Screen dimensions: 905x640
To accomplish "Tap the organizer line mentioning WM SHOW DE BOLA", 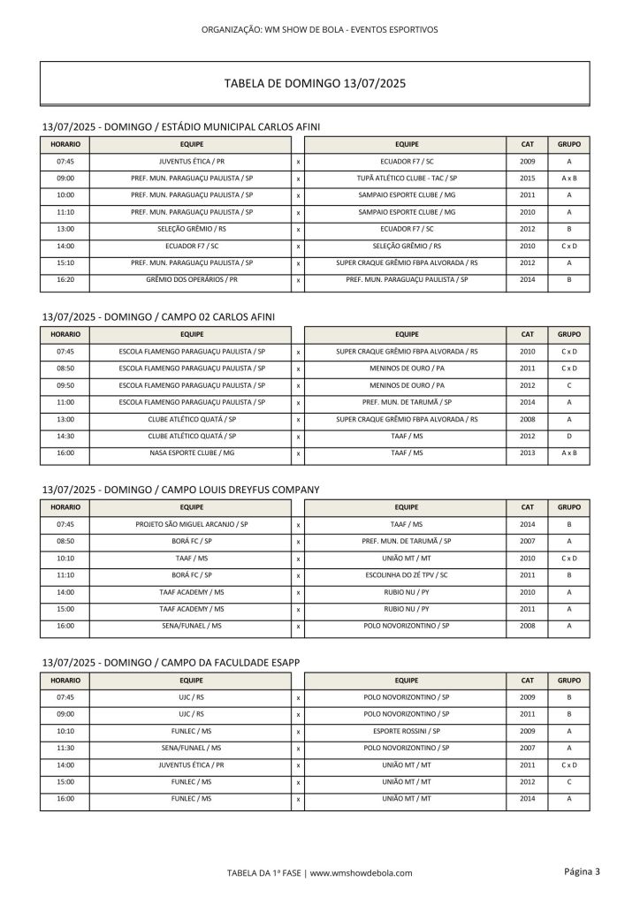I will (x=320, y=29).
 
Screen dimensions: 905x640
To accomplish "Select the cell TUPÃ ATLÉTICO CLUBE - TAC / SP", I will (x=407, y=179).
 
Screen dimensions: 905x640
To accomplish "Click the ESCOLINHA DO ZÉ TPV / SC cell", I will (x=407, y=574).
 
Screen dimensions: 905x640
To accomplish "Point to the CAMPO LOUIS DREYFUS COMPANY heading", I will (x=180, y=489).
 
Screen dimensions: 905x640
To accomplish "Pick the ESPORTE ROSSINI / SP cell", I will (x=407, y=731).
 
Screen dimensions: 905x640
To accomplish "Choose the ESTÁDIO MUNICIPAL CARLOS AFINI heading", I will (x=181, y=127).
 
